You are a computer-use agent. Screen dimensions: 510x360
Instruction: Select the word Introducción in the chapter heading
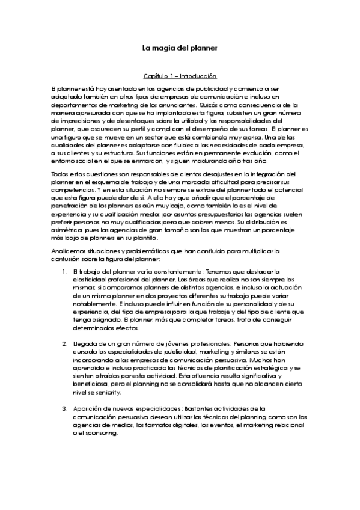[x=197, y=76]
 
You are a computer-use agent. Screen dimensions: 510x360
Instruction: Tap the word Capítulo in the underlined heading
[x=155, y=76]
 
